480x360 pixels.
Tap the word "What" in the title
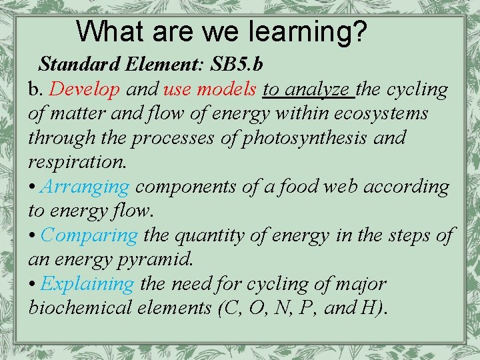107,31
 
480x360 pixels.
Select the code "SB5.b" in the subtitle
237,65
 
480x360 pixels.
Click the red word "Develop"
85,89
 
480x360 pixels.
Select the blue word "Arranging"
85,187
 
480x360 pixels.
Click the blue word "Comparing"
89,235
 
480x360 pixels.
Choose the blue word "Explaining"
87,284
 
